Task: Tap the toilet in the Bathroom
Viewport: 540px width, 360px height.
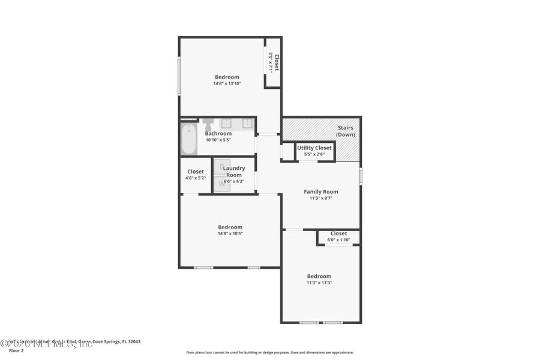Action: click(208, 124)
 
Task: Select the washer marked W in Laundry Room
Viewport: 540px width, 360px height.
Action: click(221, 184)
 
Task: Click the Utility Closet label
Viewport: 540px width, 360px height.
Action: click(314, 148)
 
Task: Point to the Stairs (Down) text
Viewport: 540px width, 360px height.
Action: click(345, 131)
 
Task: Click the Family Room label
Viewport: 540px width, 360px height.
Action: click(320, 192)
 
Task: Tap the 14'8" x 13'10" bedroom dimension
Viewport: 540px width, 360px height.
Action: click(227, 83)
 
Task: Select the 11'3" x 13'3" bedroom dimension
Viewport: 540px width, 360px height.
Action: click(319, 283)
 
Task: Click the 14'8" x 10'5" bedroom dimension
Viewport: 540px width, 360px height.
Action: click(230, 233)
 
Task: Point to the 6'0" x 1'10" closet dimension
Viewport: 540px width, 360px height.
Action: click(338, 239)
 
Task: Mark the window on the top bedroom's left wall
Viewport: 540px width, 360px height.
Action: click(179, 76)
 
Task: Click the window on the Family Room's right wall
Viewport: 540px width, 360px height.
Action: click(361, 175)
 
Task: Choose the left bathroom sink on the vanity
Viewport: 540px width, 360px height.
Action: click(227, 124)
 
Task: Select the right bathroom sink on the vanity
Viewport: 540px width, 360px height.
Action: click(247, 124)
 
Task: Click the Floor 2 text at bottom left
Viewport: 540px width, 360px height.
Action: click(16, 350)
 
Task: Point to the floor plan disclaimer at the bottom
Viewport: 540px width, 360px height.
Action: click(269, 353)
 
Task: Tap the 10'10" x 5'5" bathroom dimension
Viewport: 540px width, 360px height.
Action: click(218, 140)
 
